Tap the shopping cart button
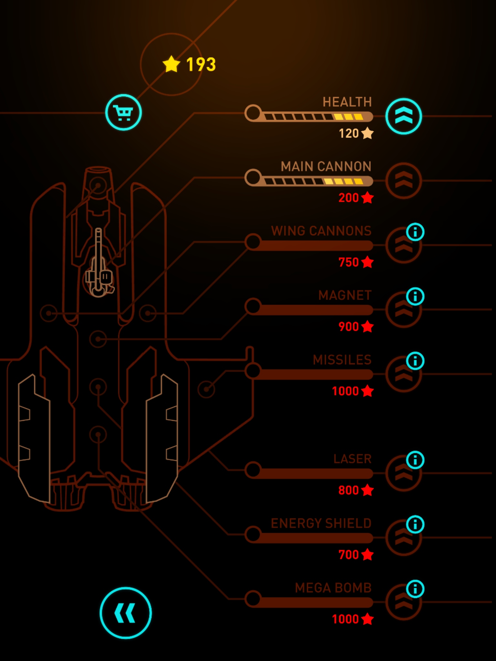(123, 112)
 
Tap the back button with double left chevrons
(126, 613)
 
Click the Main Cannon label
(326, 167)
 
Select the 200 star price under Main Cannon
(355, 198)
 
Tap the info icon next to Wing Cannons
(415, 232)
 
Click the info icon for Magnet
(415, 296)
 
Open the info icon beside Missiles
(415, 361)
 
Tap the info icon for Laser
(415, 460)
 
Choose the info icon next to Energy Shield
(415, 524)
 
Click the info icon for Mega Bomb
(415, 589)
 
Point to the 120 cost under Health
(355, 133)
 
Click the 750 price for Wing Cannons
(355, 262)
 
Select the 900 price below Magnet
(355, 327)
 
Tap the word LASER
(352, 459)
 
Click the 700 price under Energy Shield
(355, 554)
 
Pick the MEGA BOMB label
(333, 588)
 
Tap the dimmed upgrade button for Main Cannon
(403, 180)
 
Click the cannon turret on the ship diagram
(99, 265)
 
